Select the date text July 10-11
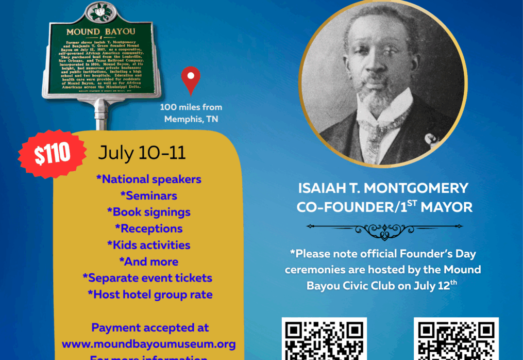142,153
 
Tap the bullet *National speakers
148,179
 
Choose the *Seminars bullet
148,196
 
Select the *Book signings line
148,212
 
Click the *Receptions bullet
148,228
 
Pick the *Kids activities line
148,245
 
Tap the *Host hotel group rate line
149,294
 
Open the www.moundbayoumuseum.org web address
148,343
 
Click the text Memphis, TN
191,119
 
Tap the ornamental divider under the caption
384,229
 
